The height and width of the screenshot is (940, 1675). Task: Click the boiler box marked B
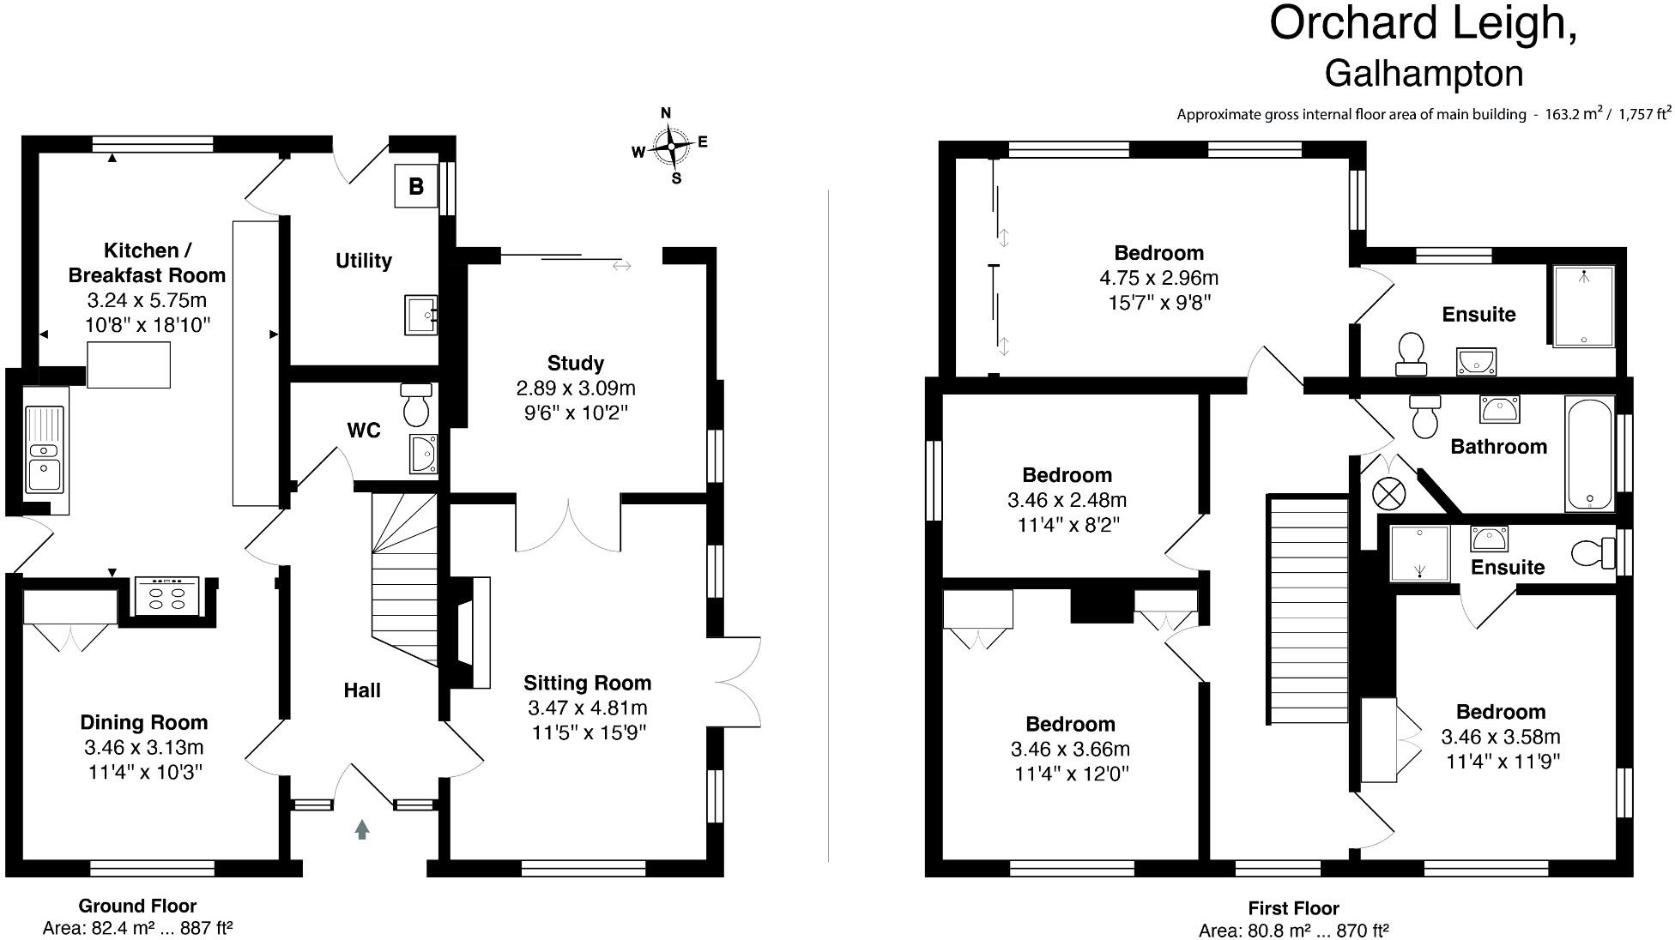pyautogui.click(x=416, y=186)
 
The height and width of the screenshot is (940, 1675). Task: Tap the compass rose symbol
pyautogui.click(x=671, y=147)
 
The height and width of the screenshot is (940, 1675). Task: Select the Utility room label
pyautogui.click(x=364, y=261)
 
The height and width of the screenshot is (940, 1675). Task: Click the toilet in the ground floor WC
pyautogui.click(x=416, y=405)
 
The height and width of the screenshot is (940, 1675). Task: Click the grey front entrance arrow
pyautogui.click(x=362, y=829)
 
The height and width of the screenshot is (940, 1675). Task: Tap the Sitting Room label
pyautogui.click(x=588, y=683)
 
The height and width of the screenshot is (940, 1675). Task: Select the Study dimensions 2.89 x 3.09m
pyautogui.click(x=576, y=388)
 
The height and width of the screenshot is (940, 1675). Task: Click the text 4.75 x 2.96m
pyautogui.click(x=1158, y=278)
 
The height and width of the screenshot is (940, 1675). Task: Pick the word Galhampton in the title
pyautogui.click(x=1424, y=74)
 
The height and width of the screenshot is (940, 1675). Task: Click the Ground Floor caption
pyautogui.click(x=137, y=906)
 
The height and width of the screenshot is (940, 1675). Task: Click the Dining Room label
pyautogui.click(x=144, y=722)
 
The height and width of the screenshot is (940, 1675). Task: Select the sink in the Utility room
pyautogui.click(x=420, y=315)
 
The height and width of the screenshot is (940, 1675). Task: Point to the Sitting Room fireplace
pyautogui.click(x=469, y=632)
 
